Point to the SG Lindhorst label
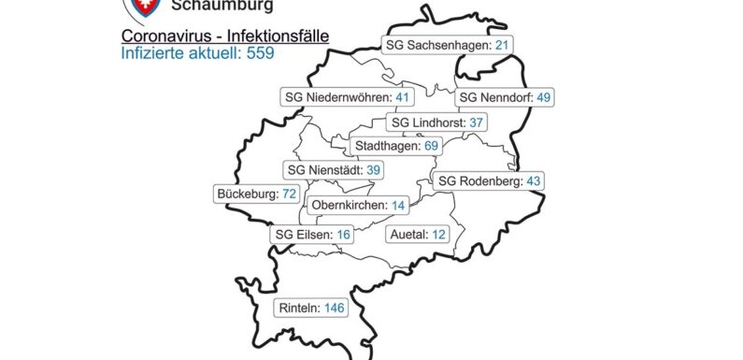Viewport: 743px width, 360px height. pos(436,122)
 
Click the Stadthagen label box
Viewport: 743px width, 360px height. pos(395,146)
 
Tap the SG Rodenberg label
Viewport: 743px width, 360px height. pos(489,180)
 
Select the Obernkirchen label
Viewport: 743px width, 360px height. pos(359,205)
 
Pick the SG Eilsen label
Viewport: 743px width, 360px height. pos(314,235)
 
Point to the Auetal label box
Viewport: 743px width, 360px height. pos(418,234)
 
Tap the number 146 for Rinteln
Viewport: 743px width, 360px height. pos(335,307)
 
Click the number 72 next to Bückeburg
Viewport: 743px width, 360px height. pos(289,194)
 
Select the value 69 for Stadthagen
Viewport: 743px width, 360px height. pos(431,146)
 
